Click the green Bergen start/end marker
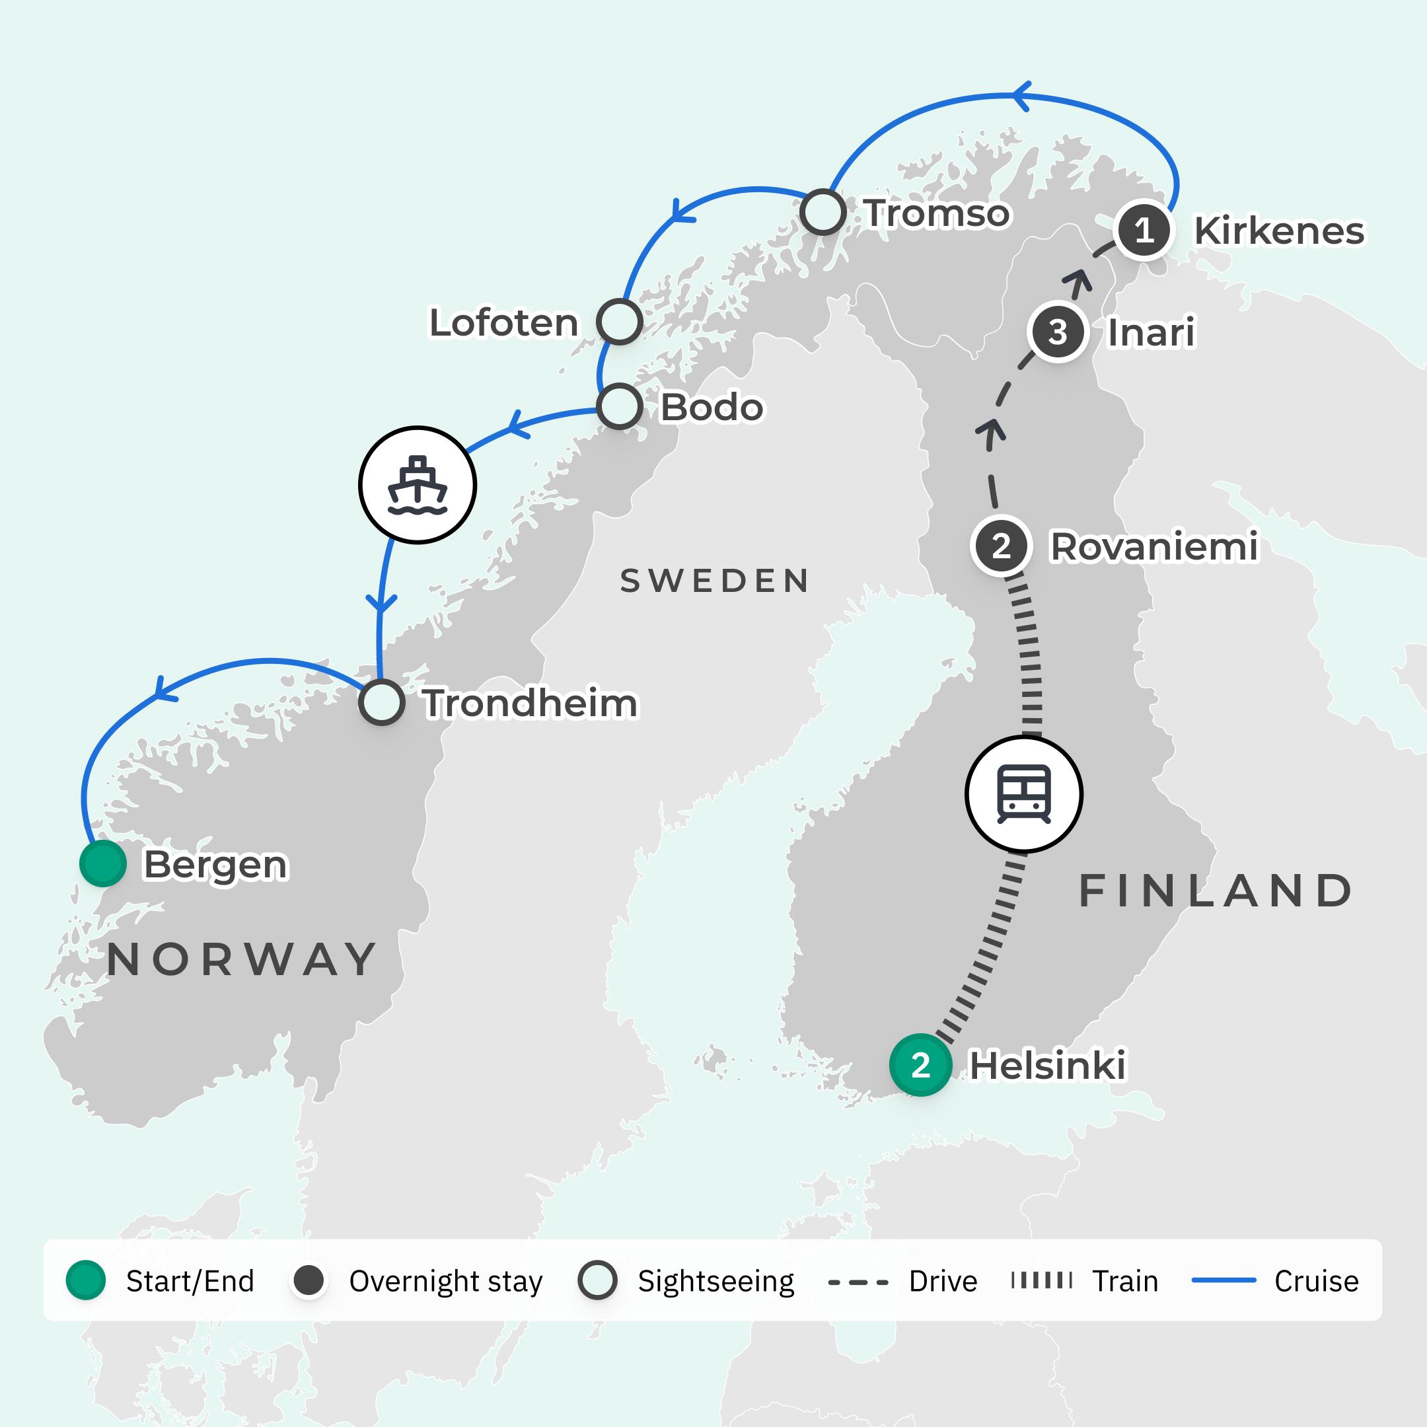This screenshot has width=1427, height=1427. pyautogui.click(x=102, y=863)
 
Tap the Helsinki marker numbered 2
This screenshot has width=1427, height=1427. pyautogui.click(x=920, y=1065)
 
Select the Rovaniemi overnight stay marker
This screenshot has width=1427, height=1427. pyautogui.click(x=1001, y=546)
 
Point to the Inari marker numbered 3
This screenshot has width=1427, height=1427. pyautogui.click(x=1058, y=332)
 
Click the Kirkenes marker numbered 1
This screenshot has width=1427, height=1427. pyautogui.click(x=1144, y=231)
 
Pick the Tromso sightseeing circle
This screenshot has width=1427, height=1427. pyautogui.click(x=823, y=213)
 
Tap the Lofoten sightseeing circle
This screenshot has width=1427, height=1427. pyautogui.click(x=619, y=322)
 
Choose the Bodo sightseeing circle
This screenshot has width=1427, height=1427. pyautogui.click(x=619, y=406)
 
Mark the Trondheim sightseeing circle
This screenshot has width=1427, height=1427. pyautogui.click(x=382, y=702)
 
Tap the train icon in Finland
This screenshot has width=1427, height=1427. pyautogui.click(x=1024, y=794)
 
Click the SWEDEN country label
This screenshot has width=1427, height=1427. pyautogui.click(x=715, y=581)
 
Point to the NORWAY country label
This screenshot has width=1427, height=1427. pyautogui.click(x=242, y=960)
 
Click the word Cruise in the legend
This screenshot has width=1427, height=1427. pyautogui.click(x=1316, y=1282)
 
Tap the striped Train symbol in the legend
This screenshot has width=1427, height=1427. pyautogui.click(x=1041, y=1281)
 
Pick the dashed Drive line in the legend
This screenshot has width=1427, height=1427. pyautogui.click(x=858, y=1282)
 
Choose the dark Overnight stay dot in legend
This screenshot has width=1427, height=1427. pyautogui.click(x=309, y=1281)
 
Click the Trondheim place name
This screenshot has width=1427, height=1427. pyautogui.click(x=530, y=703)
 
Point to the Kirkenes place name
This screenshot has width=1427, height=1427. pyautogui.click(x=1278, y=231)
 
